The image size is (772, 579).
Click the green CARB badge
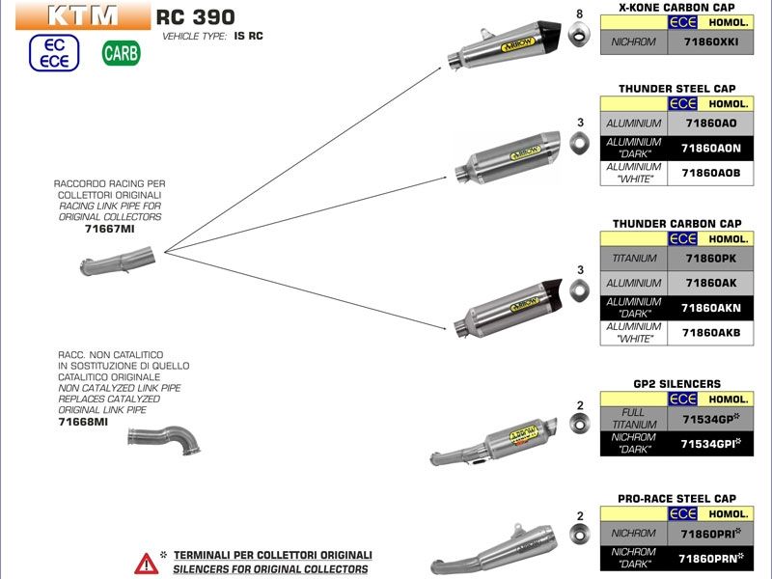pyautogui.click(x=121, y=52)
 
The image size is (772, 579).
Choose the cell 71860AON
pyautogui.click(x=710, y=148)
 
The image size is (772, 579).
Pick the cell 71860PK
pyautogui.click(x=710, y=259)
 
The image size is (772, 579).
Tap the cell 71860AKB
pyautogui.click(x=710, y=332)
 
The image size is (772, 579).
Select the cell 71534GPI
pyautogui.click(x=710, y=443)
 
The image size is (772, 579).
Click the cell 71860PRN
pyautogui.click(x=710, y=557)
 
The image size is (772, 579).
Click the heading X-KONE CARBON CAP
pyautogui.click(x=675, y=7)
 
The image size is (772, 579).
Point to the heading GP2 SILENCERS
pyautogui.click(x=676, y=384)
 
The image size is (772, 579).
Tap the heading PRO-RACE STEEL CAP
pyautogui.click(x=676, y=499)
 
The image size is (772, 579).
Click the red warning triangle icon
pyautogui.click(x=146, y=563)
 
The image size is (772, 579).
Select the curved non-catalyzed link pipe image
pyautogui.click(x=165, y=440)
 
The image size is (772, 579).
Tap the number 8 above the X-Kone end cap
pyautogui.click(x=579, y=14)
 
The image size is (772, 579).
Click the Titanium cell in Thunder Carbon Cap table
pyautogui.click(x=633, y=259)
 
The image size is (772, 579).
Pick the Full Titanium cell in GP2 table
pyautogui.click(x=633, y=418)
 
